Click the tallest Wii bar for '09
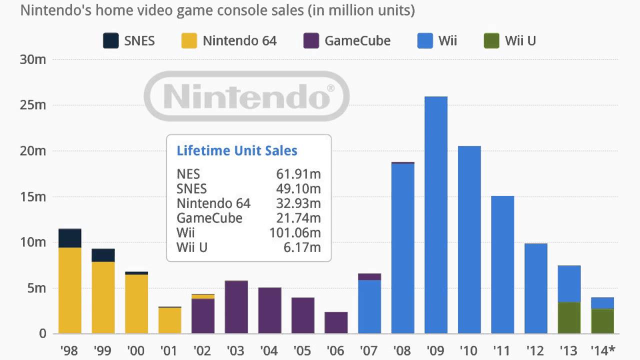436,215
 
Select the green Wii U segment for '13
569,318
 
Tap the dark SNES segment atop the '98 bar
70,238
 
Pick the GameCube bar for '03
236,307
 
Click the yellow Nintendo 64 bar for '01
170,320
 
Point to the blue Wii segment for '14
602,303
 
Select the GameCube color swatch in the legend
311,40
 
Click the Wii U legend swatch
491,40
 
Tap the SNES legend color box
110,40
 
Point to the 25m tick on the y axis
33,105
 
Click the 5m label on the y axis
36,288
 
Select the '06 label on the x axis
335,350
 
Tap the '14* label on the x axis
603,350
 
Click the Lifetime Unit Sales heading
237,150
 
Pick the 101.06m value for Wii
298,233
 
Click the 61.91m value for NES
298,174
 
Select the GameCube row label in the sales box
209,218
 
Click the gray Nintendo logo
246,96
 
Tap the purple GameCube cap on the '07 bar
369,276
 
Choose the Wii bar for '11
502,264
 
